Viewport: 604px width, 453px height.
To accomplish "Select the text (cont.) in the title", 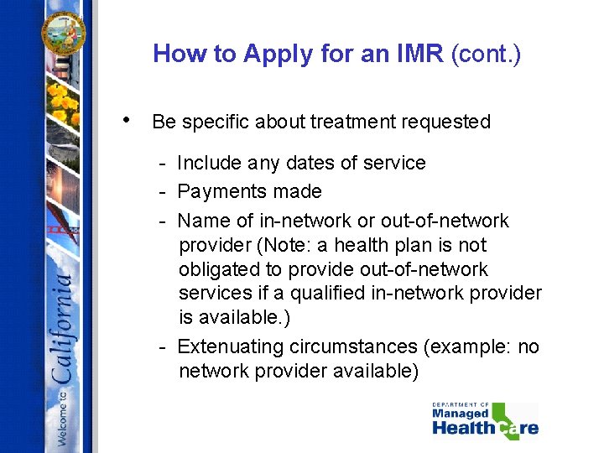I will pos(486,55).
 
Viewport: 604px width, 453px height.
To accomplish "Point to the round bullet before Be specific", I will pos(125,118).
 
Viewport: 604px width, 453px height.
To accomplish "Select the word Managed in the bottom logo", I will pos(461,413).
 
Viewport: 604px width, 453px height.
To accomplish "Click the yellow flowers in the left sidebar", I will pos(63,106).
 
